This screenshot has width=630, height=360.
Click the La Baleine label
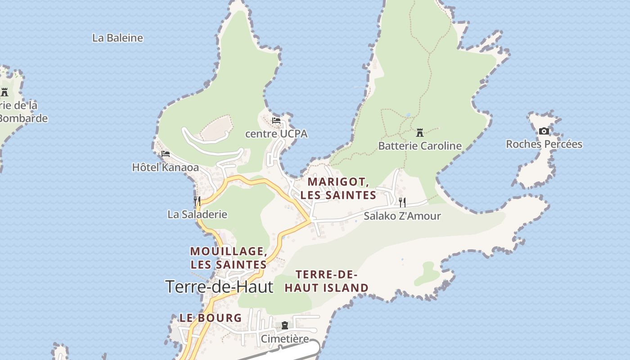(x=117, y=38)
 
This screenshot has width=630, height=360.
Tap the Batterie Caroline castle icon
(x=420, y=133)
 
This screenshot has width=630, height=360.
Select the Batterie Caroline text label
(x=420, y=146)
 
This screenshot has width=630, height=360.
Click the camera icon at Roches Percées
(x=544, y=131)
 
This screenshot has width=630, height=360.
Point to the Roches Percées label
(x=544, y=144)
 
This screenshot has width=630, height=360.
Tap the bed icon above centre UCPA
(x=276, y=121)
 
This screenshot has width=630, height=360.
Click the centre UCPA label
(x=276, y=134)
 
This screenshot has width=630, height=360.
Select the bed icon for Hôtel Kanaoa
(x=166, y=154)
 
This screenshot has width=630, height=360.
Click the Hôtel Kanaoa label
(x=165, y=167)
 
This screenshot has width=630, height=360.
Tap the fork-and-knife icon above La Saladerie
(x=197, y=201)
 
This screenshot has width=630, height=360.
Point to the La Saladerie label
(x=197, y=214)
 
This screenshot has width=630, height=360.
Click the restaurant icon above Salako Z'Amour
(x=402, y=202)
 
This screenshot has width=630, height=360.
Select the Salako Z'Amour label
(x=402, y=216)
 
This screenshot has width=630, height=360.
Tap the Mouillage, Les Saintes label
(x=229, y=258)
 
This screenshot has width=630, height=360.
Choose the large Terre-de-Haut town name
(x=219, y=287)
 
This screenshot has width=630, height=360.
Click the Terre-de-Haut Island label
(x=326, y=281)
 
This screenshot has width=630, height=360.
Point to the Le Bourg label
(x=211, y=318)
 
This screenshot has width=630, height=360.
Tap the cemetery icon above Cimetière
(x=285, y=325)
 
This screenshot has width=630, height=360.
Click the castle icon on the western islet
(x=4, y=92)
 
